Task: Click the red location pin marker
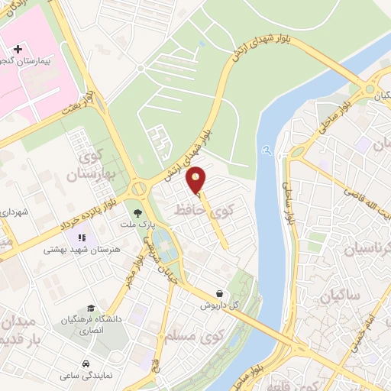click(x=196, y=179)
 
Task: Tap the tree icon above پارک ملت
click(x=137, y=213)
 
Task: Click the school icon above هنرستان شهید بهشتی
click(x=82, y=238)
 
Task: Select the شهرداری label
click(x=14, y=211)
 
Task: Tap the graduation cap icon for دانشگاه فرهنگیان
click(x=91, y=307)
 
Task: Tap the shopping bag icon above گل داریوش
click(x=220, y=293)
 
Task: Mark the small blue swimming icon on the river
click(x=265, y=150)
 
